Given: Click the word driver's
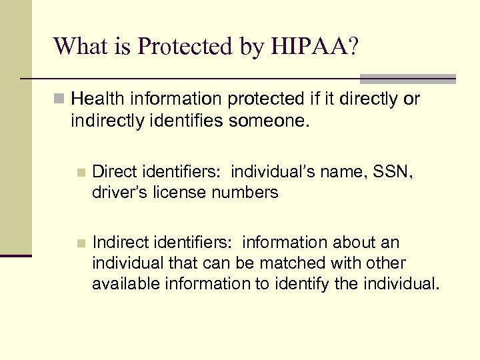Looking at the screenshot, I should coord(118,193).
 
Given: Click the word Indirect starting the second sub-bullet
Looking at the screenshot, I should coord(118,241).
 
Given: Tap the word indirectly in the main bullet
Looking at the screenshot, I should coord(100,120).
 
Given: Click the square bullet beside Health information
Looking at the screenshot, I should coord(60,100).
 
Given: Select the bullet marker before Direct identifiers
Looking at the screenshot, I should coord(80,173).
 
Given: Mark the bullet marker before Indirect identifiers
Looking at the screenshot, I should coord(80,242).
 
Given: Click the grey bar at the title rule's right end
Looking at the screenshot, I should coord(407,79).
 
